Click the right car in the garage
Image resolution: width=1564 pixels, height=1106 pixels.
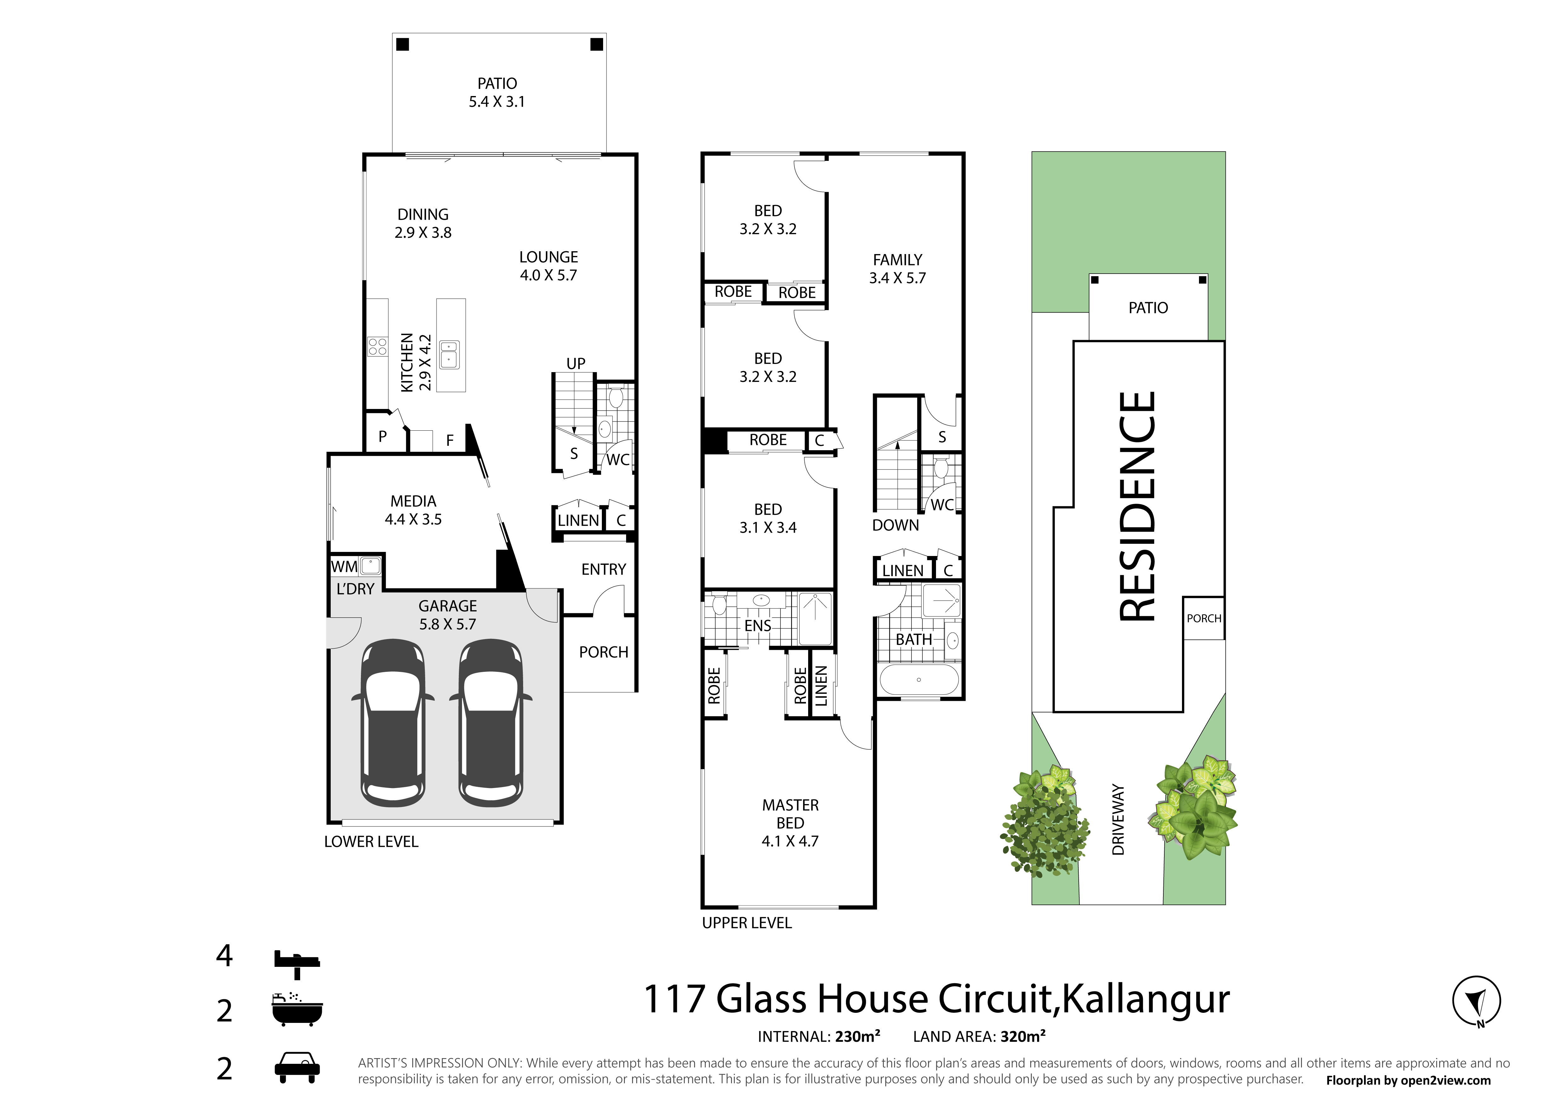coord(490,723)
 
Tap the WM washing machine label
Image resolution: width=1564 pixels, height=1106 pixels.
coord(344,567)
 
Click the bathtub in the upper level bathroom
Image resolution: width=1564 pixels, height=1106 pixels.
coord(919,680)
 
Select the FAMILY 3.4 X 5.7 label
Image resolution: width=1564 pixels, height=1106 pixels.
coord(897,269)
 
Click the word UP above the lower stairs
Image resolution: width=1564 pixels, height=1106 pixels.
coord(576,364)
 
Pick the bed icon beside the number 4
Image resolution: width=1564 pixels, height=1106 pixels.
coord(297,963)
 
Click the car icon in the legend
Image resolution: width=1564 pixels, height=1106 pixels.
coord(297,1068)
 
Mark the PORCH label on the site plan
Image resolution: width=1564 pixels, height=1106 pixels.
coord(1204,618)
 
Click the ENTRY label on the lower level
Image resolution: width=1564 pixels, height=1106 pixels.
coord(603,569)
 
